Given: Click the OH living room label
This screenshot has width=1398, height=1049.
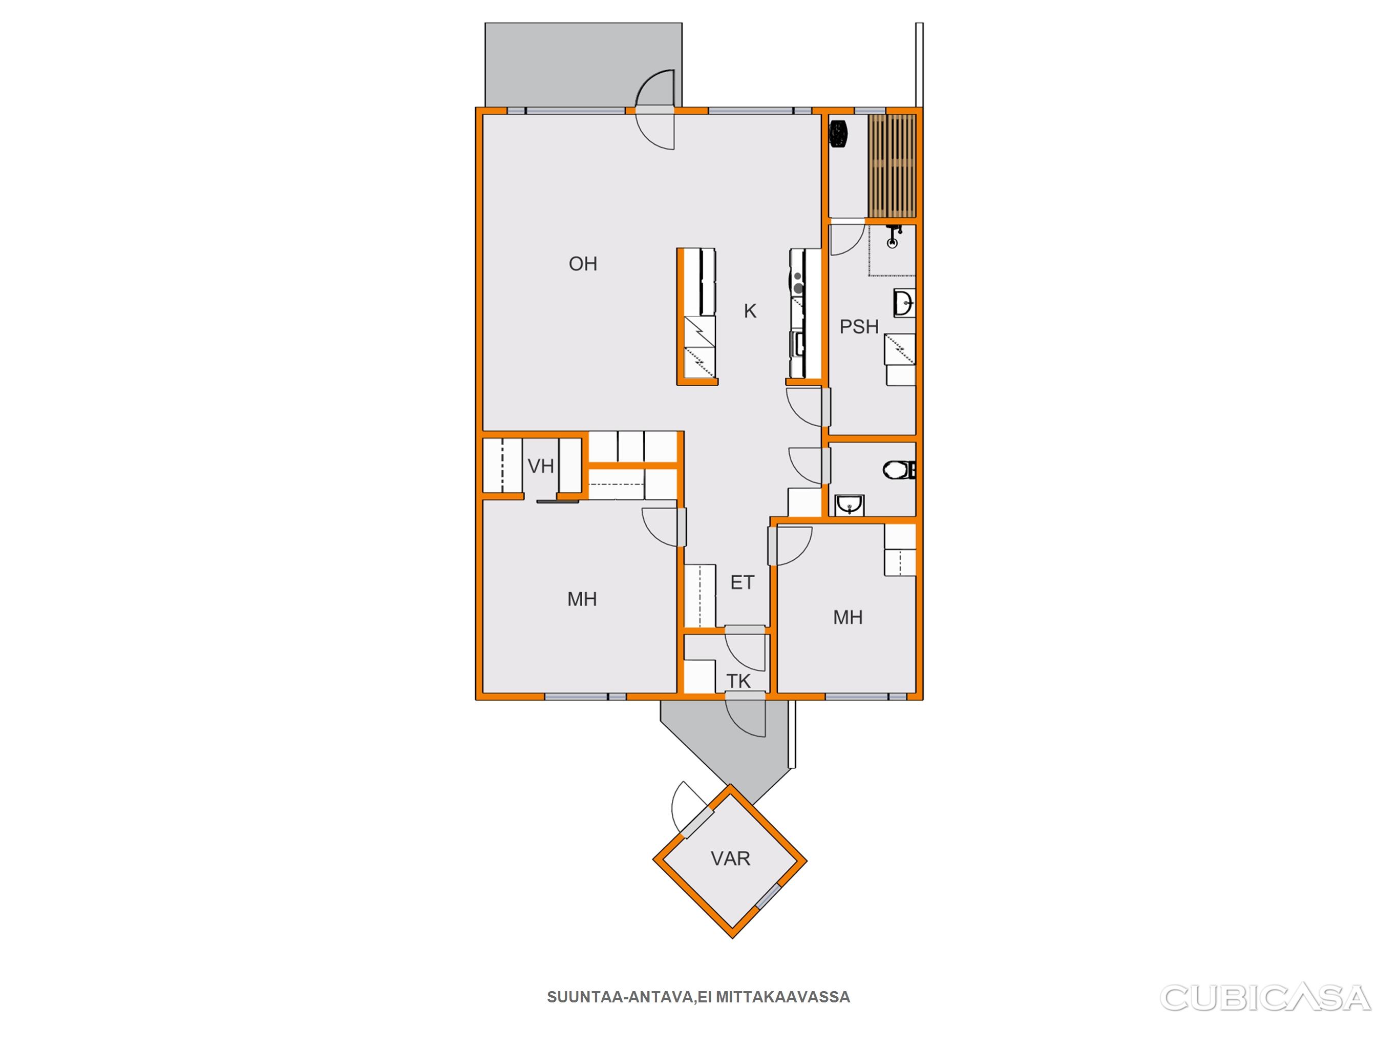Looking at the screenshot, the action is click(x=583, y=264).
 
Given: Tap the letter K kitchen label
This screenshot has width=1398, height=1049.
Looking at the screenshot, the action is click(x=750, y=311).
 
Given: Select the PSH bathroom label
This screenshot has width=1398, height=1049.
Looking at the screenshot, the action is click(x=859, y=327).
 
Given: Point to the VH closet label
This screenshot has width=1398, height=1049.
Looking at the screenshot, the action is click(x=541, y=467).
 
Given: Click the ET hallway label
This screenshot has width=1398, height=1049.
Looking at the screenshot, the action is click(x=743, y=582).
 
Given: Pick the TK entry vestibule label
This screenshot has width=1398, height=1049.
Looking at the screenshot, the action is click(x=738, y=681).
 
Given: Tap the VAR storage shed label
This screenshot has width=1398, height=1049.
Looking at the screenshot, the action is click(x=731, y=858).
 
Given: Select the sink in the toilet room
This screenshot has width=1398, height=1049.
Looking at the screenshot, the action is click(x=850, y=505).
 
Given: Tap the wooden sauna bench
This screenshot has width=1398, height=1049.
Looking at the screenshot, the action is click(x=892, y=165).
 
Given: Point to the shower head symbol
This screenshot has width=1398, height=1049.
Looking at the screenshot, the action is click(x=893, y=237).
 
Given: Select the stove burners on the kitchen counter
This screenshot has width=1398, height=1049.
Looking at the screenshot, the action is click(x=798, y=282).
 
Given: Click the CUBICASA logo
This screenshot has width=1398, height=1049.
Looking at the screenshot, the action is click(x=1265, y=998).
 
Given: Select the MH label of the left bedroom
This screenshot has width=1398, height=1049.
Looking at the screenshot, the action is click(x=582, y=599).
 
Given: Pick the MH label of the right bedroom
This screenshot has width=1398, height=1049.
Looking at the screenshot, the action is click(x=848, y=618).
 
